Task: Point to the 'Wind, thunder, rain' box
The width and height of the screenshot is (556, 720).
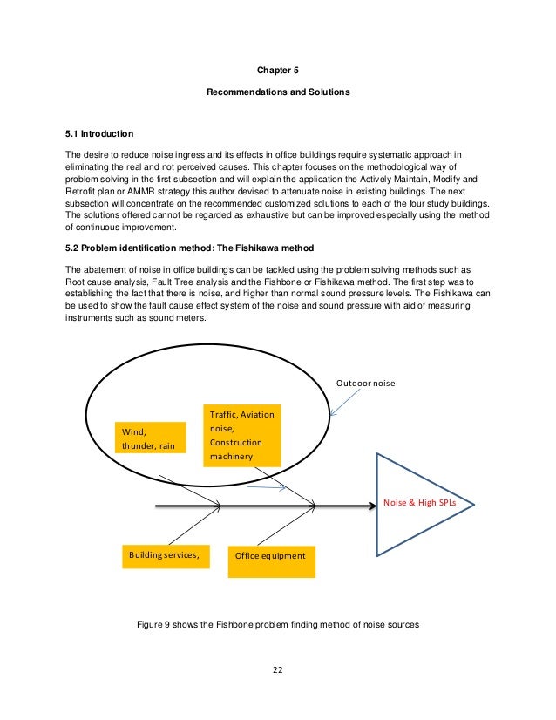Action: coord(150,438)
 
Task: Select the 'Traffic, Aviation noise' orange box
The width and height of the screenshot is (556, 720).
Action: coord(242,435)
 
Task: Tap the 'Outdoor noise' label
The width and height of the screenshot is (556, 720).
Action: coord(367,381)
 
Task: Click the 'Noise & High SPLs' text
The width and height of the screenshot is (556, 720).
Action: coord(419,503)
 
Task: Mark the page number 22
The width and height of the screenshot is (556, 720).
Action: coord(278,670)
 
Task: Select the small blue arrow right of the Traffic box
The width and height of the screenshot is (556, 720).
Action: coord(267,488)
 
